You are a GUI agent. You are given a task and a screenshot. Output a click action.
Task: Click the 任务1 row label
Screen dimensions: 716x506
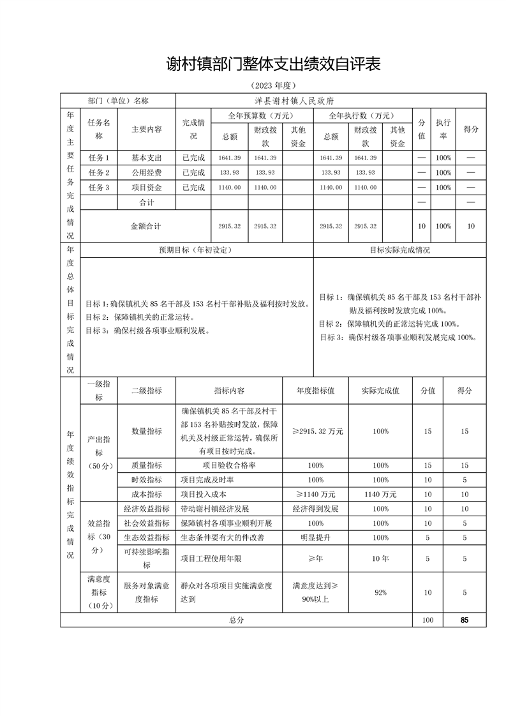99,158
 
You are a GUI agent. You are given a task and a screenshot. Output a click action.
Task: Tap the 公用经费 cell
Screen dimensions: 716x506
147,173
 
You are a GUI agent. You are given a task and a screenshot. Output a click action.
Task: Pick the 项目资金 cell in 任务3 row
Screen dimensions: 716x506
147,188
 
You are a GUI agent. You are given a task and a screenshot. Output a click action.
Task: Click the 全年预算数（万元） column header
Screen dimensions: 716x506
261,116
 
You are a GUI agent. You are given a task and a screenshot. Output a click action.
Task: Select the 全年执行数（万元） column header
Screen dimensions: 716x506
361,116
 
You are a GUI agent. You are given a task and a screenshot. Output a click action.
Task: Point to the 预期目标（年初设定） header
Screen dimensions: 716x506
195,250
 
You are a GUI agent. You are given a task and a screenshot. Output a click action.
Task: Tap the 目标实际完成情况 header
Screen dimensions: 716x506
400,250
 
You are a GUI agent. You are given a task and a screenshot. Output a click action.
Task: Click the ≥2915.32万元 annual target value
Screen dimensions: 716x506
317,431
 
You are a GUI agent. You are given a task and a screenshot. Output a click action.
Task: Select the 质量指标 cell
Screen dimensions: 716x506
147,465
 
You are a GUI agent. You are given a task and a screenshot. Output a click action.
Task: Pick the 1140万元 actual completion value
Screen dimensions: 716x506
381,494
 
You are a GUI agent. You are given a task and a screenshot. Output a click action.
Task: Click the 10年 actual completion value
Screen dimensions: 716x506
381,558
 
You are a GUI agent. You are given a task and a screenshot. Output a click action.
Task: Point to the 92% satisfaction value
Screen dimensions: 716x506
381,593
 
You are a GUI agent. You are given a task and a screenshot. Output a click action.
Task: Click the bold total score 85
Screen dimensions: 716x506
464,620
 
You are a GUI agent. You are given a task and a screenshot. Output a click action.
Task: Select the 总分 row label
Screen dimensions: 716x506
236,620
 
